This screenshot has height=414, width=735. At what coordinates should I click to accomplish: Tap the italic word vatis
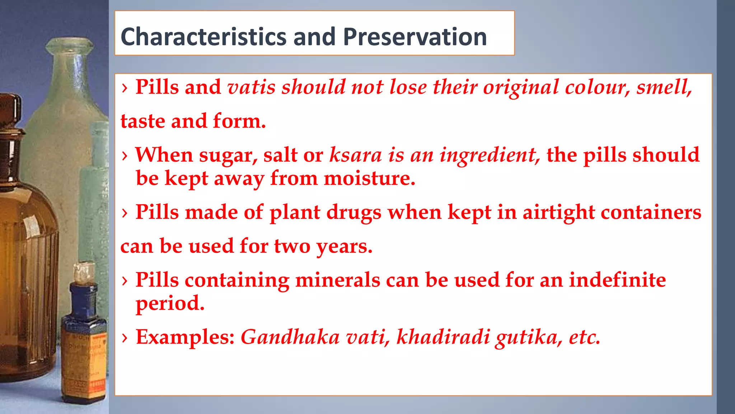point(251,87)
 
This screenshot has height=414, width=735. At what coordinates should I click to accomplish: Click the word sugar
point(228,155)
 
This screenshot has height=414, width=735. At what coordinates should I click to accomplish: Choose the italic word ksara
point(356,155)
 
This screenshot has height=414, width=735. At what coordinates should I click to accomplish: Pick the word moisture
point(369,178)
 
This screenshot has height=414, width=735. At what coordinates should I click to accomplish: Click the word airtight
point(558,212)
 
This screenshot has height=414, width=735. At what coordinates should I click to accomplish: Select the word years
point(344,247)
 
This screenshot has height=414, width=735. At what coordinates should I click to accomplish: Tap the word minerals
point(337,280)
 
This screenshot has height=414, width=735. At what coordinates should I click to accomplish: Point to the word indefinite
point(617,280)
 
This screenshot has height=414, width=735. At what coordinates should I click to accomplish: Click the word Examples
point(185,337)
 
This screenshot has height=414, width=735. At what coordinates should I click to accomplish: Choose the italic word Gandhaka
point(290,337)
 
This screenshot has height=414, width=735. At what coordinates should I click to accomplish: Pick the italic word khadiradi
point(443,337)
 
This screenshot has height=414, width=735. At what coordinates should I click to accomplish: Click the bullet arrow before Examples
point(125,338)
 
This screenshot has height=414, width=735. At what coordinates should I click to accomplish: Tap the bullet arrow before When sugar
point(125,156)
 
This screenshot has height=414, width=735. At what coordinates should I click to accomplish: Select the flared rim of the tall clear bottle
point(70,45)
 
